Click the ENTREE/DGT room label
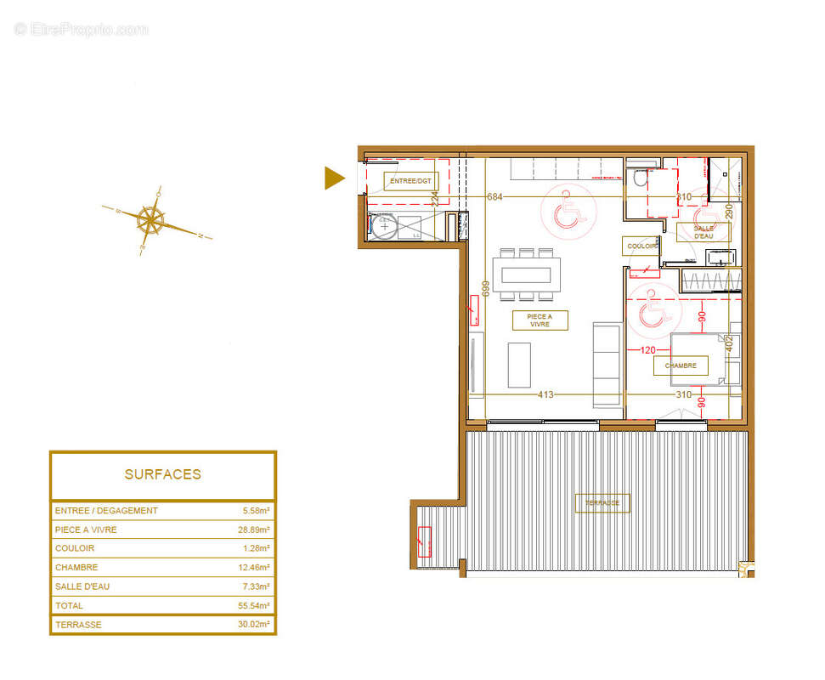pos(411,181)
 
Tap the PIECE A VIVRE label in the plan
pos(540,320)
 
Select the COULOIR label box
pos(641,246)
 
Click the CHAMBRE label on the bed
pos(681,365)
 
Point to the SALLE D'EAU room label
pos(703,232)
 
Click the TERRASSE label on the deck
pos(602,503)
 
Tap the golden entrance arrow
pos(335,178)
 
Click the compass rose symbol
pos(151,221)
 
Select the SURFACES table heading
pos(163,474)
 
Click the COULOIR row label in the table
pos(75,548)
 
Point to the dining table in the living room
pos(528,275)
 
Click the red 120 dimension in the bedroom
pos(649,349)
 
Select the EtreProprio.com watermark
pos(82,30)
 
